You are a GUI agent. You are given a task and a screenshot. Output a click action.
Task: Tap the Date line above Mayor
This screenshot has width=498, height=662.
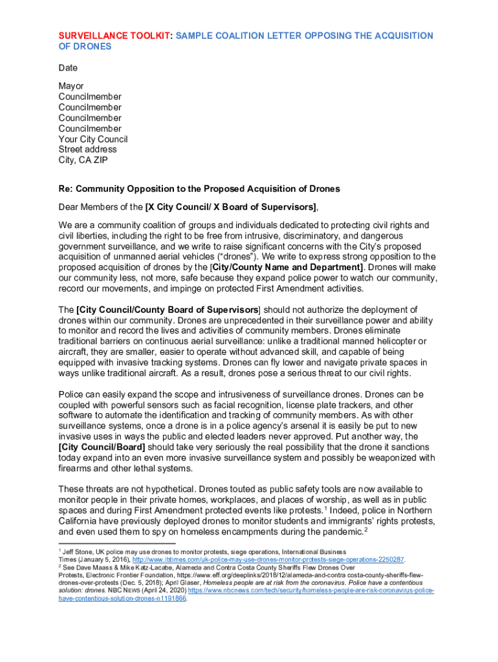click(68, 68)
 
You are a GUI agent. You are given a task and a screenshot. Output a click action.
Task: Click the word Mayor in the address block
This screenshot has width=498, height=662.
click(71, 86)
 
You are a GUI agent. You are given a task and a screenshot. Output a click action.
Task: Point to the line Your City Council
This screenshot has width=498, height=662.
click(93, 139)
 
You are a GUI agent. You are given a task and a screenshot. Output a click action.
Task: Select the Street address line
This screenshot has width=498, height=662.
click(88, 149)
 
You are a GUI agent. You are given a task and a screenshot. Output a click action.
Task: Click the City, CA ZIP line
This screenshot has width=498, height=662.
click(83, 160)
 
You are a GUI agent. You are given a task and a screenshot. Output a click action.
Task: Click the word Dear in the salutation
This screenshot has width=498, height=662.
click(70, 207)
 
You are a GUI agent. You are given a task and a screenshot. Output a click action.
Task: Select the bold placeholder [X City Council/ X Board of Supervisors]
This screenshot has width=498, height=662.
click(231, 207)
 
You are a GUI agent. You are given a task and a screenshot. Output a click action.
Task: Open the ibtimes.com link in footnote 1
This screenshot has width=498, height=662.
click(268, 559)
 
